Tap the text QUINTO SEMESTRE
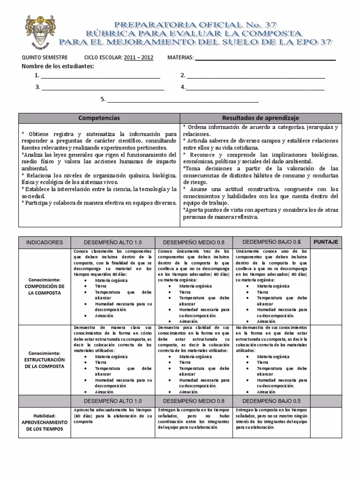pos(45,57)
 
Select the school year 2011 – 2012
pos(139,57)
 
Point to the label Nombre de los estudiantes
pos(58,66)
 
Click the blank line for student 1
pos(100,76)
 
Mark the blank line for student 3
pos(103,88)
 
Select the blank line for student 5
pos(183,100)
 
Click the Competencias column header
pos(99,118)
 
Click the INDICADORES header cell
pos(44,243)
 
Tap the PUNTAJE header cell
pos(325,242)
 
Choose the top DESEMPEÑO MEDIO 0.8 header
pos(194,243)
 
